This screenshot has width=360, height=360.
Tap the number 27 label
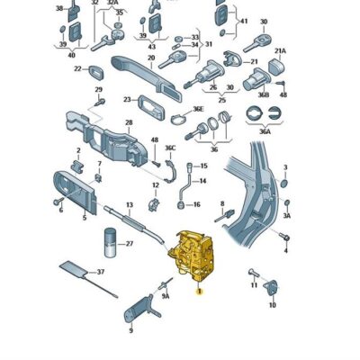tap(130, 244)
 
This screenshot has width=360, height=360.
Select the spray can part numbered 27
tap(110, 243)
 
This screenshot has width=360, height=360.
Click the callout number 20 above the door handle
tap(151, 58)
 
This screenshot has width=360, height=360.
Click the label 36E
tap(198, 109)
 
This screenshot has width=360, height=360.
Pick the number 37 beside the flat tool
tap(101, 272)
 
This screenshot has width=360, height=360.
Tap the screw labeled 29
tap(99, 102)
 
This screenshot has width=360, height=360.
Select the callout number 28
tap(129, 122)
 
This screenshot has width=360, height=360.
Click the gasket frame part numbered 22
tap(96, 71)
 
